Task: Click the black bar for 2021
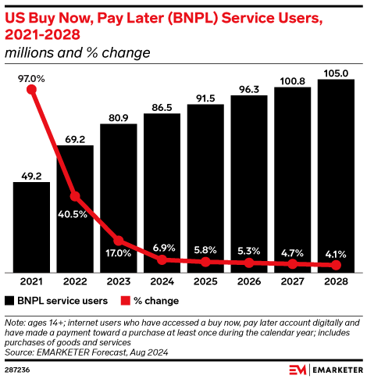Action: point(31,227)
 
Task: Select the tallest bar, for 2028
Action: point(337,176)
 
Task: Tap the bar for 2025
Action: point(205,188)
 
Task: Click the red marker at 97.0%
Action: point(32,90)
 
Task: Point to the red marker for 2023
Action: point(119,241)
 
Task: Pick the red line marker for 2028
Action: point(337,266)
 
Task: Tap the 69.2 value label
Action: point(75,138)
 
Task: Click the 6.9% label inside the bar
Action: point(162,247)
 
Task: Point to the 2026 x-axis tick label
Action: point(249,281)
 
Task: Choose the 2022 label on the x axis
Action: point(75,281)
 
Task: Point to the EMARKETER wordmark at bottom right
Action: point(336,369)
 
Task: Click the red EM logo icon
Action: point(297,369)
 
